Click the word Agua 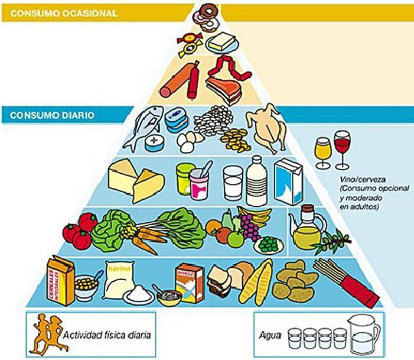(267, 335)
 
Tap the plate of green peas (269, 243)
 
